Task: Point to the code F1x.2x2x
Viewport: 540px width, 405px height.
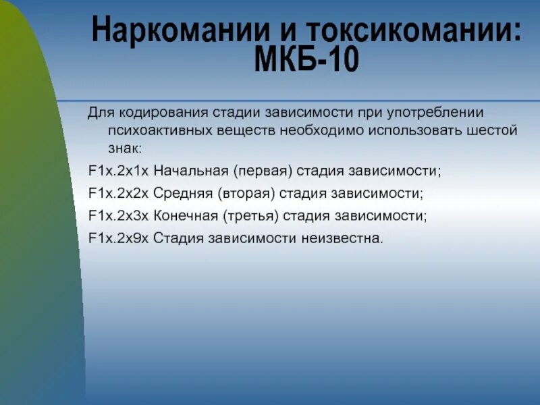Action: tap(118, 194)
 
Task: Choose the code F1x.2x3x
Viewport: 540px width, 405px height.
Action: tap(118, 216)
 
